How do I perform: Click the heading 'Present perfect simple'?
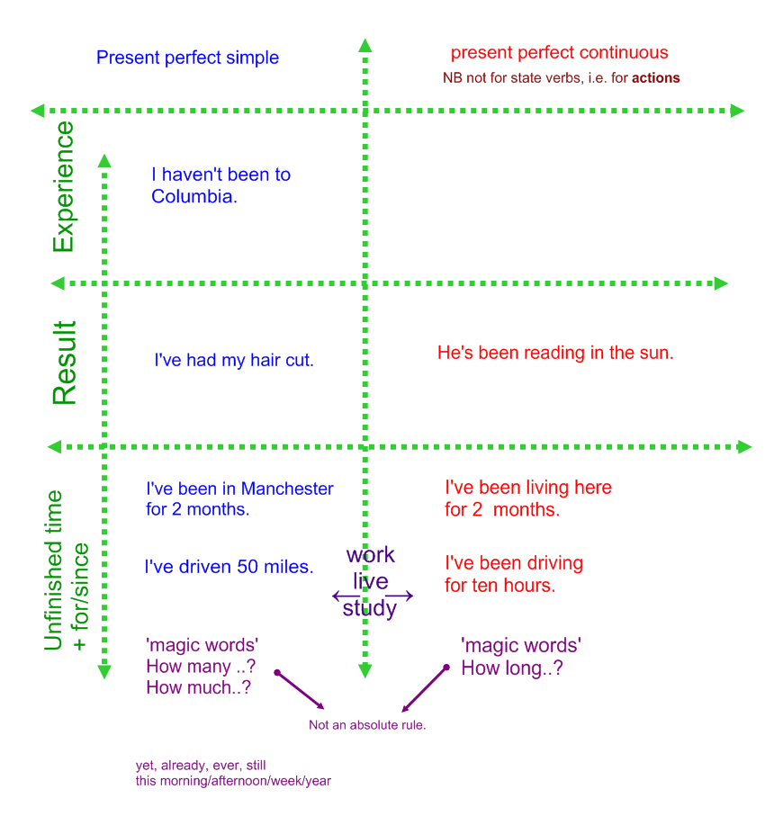[x=187, y=58]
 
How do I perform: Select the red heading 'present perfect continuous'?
[x=559, y=52]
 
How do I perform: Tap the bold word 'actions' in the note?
[x=655, y=78]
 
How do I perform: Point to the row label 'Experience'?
[x=63, y=187]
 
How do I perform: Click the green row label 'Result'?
[x=64, y=363]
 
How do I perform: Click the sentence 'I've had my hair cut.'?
[x=234, y=360]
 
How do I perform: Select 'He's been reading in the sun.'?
[x=555, y=353]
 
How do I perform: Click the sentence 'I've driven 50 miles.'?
[x=229, y=567]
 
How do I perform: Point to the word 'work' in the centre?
[x=371, y=554]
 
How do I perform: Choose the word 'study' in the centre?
[x=370, y=609]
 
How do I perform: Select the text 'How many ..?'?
[x=200, y=667]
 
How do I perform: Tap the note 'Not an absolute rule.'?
[x=367, y=725]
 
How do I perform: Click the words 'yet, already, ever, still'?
[x=201, y=766]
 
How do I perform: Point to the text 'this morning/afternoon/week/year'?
[x=233, y=781]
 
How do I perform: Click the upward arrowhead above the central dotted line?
[x=364, y=45]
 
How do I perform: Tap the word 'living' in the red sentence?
[x=557, y=488]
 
